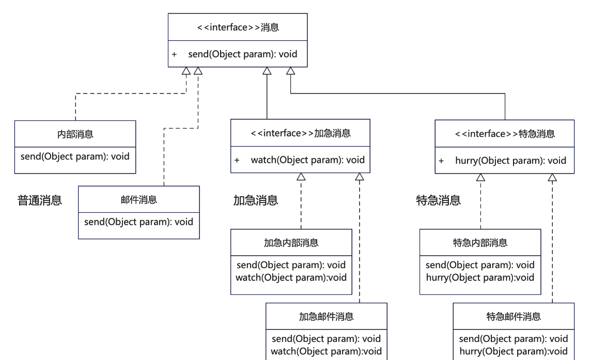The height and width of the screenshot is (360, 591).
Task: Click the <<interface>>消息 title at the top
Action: point(238,27)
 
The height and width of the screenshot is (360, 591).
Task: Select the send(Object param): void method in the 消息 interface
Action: point(243,54)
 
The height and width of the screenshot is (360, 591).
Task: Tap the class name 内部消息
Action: point(75,134)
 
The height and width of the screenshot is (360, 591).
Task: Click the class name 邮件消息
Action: point(138,200)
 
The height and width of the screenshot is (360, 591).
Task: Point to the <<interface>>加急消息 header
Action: point(301,133)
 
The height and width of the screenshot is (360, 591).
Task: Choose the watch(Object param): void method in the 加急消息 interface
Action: point(307,160)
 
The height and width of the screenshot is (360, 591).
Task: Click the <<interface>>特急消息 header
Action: point(505,134)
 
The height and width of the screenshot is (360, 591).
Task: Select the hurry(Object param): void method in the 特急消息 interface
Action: point(511,161)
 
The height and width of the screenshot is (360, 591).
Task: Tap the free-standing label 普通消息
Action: point(40,200)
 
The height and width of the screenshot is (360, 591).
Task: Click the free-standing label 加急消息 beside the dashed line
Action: point(256,200)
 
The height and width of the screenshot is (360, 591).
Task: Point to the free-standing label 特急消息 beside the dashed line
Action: point(439,200)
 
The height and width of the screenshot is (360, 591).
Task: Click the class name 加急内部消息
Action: point(291,243)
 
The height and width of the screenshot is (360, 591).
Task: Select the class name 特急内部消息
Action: point(480,243)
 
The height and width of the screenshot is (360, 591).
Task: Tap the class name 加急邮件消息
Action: point(326,317)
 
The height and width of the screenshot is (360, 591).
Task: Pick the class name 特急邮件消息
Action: point(514,317)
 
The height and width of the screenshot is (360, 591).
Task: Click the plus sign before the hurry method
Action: point(441,161)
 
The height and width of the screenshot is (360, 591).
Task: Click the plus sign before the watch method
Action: point(237,160)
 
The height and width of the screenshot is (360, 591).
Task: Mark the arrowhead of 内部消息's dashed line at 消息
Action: point(186,71)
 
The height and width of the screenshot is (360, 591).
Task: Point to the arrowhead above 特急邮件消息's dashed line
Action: point(552,178)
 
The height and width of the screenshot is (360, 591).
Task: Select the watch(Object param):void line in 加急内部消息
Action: point(291,278)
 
